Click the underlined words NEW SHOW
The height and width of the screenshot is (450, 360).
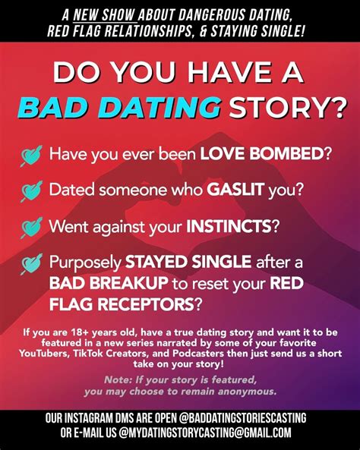pos(105,14)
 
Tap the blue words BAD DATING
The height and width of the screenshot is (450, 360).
pos(119,107)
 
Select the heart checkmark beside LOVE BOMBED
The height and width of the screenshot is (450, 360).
pos(31,156)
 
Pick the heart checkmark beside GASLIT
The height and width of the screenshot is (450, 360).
pos(31,191)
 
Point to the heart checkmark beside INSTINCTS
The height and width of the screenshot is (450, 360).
pos(31,228)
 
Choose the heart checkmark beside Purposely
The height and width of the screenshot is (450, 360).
pos(31,264)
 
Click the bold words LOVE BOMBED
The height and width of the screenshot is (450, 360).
pos(262,154)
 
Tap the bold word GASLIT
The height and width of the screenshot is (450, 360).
pos(235,190)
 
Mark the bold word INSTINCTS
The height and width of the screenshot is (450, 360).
pos(229,226)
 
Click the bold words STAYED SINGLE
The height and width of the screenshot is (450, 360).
pos(188,262)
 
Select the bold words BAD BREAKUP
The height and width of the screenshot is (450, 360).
pos(109,283)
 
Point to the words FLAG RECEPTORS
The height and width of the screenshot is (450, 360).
pos(122,304)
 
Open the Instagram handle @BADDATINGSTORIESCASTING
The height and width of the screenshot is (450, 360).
pos(242,418)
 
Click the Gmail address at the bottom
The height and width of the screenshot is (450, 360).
pos(204,433)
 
